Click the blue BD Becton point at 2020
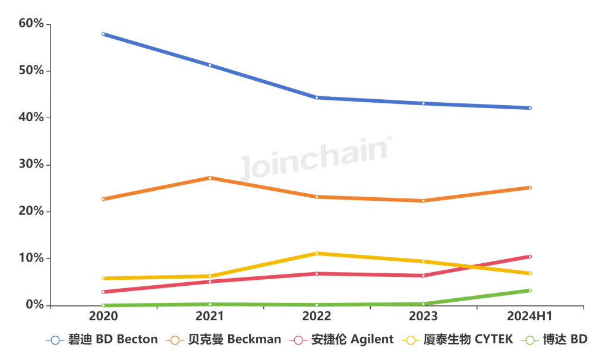tap(103, 34)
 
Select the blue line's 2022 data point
tap(317, 97)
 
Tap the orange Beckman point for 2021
tap(210, 178)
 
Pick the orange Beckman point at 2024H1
tap(530, 188)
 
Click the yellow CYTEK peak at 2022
tap(317, 254)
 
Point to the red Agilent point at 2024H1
tap(530, 257)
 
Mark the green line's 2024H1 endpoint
tap(530, 290)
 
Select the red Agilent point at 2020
tap(103, 292)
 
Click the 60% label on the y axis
tap(31, 24)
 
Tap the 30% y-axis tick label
tap(31, 165)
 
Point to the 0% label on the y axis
tap(34, 305)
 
